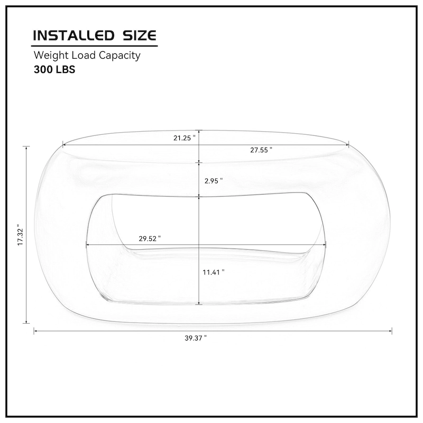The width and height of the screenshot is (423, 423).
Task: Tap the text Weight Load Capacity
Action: [87, 56]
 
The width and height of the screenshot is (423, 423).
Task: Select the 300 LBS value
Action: [54, 69]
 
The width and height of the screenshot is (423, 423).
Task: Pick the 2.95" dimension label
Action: [214, 180]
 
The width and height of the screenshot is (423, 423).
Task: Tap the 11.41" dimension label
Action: [214, 272]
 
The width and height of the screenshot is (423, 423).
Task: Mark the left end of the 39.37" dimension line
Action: [34, 331]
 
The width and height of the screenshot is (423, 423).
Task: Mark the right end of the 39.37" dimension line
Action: [391, 331]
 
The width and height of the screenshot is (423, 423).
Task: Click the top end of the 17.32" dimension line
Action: [26, 147]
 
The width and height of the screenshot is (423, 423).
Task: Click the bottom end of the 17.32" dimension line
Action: [26, 323]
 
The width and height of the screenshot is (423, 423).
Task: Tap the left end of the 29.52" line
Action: [86, 244]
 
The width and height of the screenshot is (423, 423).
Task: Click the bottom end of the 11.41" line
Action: [199, 304]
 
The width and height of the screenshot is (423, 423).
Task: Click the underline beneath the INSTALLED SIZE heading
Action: [95, 45]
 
